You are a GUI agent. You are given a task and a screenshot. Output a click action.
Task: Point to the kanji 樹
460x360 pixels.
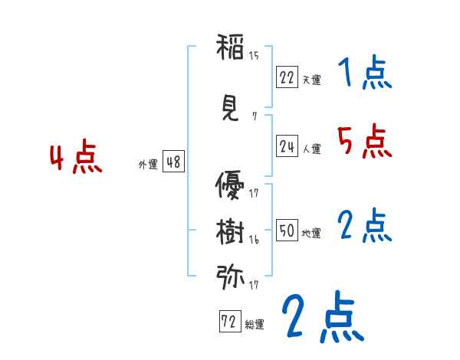230,230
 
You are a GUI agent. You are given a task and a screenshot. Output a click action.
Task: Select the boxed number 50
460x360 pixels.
287,231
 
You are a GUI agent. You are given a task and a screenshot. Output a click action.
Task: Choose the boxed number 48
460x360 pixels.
173,162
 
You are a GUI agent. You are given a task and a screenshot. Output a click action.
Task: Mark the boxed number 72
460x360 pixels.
228,322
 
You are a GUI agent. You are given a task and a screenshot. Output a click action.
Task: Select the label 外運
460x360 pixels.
147,164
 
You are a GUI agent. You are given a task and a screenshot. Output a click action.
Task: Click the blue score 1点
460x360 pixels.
365,74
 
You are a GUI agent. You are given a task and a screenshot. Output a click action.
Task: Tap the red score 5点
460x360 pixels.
365,141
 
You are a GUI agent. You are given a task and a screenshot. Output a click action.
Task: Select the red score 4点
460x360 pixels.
76,159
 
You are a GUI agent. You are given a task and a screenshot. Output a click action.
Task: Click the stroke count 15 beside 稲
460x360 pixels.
254,55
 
